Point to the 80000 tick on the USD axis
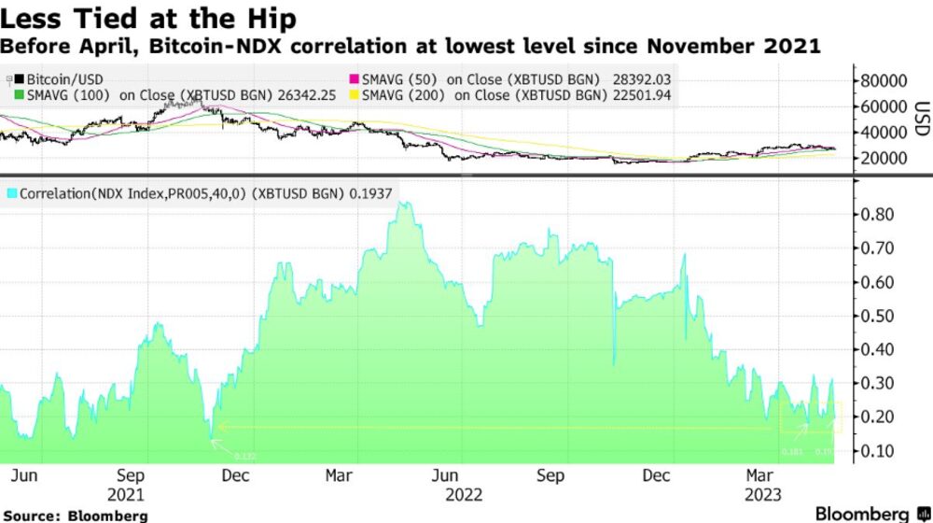coord(884,81)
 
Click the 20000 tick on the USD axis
coord(884,158)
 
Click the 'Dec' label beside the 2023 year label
coord(658,475)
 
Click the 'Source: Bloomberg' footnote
coord(74,516)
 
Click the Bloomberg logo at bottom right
coord(868,514)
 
